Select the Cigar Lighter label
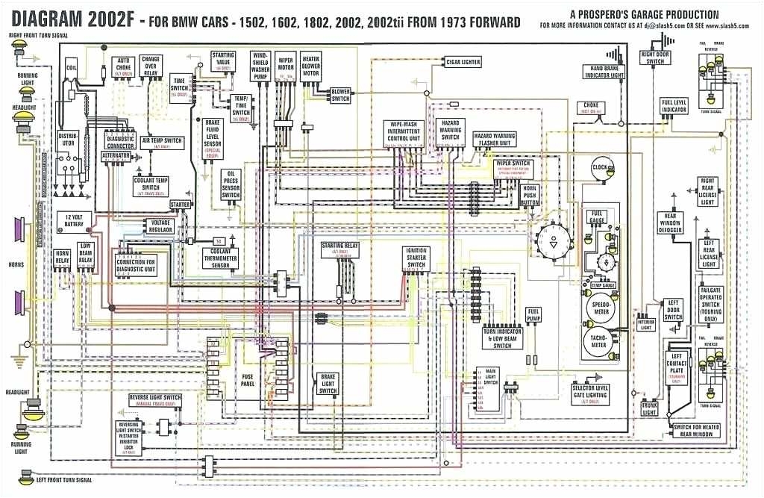click(x=463, y=62)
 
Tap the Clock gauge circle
click(x=600, y=167)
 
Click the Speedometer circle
click(x=601, y=306)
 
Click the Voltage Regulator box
click(x=161, y=226)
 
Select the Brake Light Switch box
click(x=328, y=384)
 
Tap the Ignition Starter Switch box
click(x=416, y=258)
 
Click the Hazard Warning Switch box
click(x=450, y=130)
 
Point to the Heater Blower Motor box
click(x=310, y=66)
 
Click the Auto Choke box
click(x=122, y=66)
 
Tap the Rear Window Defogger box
click(x=669, y=223)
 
